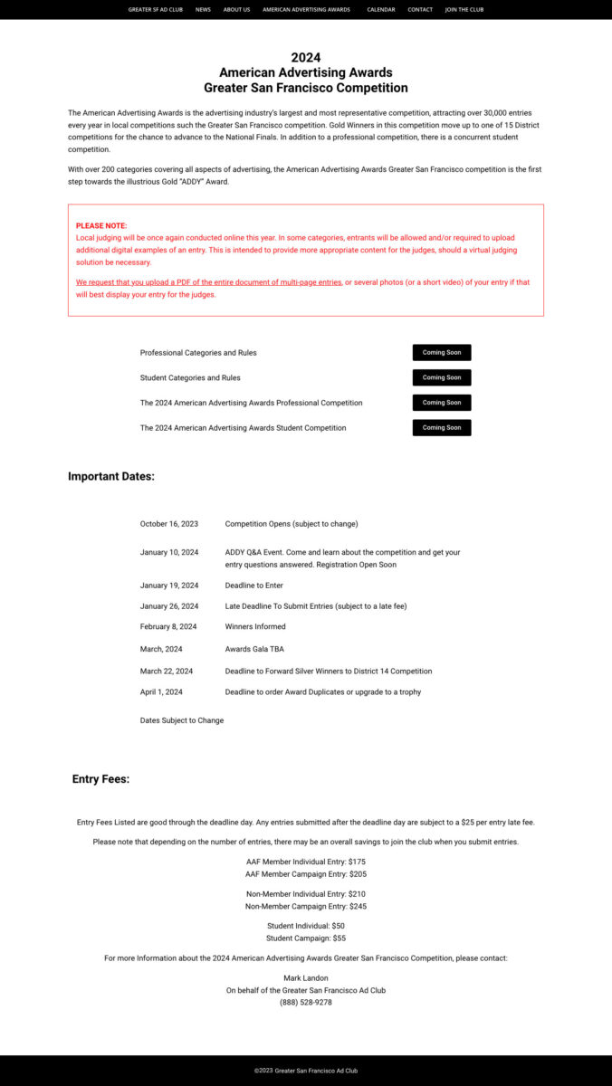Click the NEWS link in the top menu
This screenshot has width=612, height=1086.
click(x=203, y=10)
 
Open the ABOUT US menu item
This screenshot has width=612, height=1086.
click(x=236, y=10)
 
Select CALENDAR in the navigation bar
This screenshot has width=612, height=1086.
click(x=381, y=10)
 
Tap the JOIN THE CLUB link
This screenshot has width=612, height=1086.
click(x=464, y=10)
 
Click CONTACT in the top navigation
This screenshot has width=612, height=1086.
click(x=420, y=10)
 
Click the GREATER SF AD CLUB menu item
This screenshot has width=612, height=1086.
click(x=155, y=10)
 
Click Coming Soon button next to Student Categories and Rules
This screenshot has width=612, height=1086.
click(x=442, y=377)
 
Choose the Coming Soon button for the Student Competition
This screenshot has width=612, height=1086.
click(x=442, y=427)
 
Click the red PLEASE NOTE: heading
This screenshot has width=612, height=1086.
click(x=101, y=225)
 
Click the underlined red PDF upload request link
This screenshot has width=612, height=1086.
click(x=209, y=282)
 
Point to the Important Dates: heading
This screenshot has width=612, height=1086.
click(x=111, y=477)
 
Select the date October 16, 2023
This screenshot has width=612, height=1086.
click(x=169, y=524)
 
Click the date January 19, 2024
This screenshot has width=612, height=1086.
click(x=169, y=586)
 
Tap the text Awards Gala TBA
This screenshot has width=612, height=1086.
click(x=254, y=649)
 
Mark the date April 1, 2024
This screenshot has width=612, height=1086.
click(x=161, y=692)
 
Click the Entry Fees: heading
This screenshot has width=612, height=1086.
click(x=100, y=779)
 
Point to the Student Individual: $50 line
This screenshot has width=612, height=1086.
click(x=306, y=926)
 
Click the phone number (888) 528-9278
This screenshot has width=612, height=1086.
click(x=306, y=1002)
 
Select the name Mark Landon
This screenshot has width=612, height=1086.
click(x=306, y=977)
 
